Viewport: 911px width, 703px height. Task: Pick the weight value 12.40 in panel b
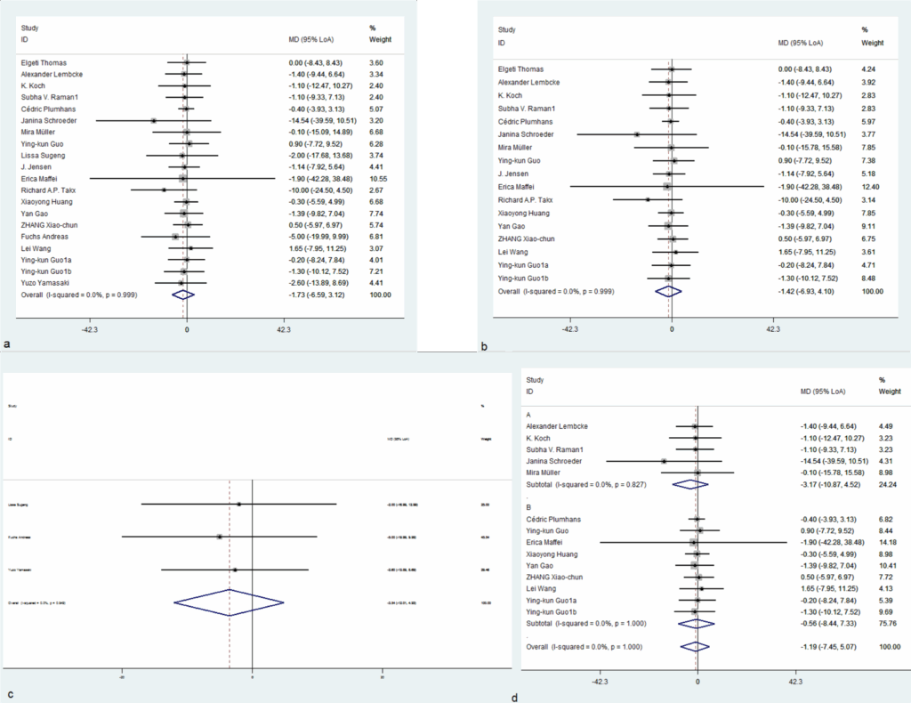872,187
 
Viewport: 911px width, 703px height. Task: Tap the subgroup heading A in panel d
530,415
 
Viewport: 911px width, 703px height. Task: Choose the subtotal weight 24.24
889,484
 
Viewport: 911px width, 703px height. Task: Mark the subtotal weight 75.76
889,623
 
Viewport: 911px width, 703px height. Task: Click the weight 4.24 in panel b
872,69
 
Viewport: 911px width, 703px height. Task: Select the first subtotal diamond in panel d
690,484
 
